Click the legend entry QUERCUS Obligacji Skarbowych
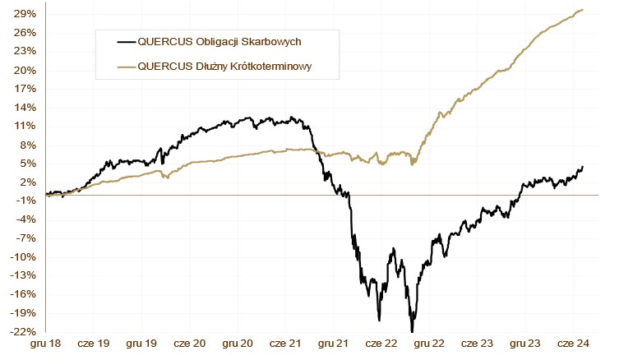coord(215,40)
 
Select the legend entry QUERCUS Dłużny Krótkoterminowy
coord(227,66)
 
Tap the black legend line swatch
coord(126,40)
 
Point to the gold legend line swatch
coord(126,66)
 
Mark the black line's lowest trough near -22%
coord(411,330)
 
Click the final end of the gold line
coord(583,9)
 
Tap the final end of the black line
coord(583,166)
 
